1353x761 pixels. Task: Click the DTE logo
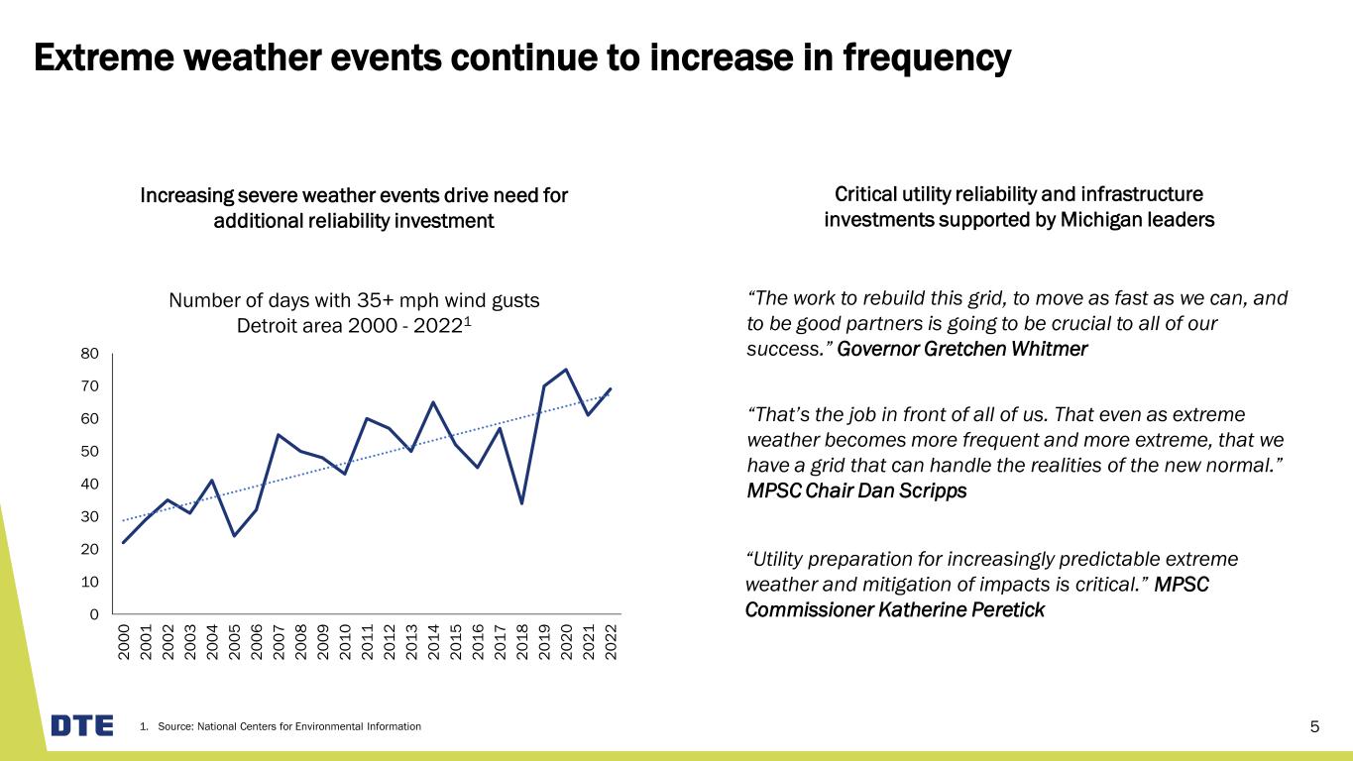coord(82,725)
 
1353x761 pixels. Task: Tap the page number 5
coord(1314,727)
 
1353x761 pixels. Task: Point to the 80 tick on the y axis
coord(90,354)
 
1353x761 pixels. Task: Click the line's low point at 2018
coord(521,503)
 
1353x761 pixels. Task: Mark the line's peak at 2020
coord(566,370)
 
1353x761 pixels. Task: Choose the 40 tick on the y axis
coord(90,484)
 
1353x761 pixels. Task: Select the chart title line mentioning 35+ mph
coord(354,300)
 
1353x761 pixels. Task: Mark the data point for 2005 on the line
coord(234,536)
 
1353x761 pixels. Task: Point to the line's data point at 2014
coord(433,402)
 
